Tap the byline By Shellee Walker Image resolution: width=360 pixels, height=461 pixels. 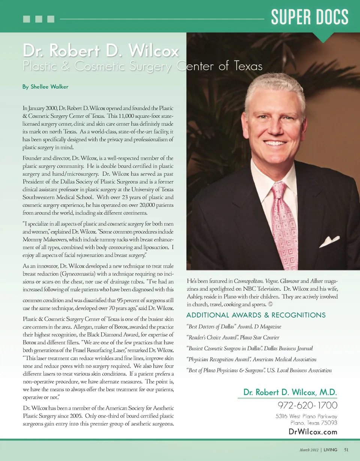click(45, 87)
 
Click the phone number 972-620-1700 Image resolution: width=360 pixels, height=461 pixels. click(307, 405)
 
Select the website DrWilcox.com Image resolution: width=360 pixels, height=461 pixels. click(313, 432)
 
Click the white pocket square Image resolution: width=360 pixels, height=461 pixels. click(329, 241)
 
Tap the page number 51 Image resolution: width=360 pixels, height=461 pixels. click(346, 450)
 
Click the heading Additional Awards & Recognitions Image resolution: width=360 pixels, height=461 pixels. click(256, 315)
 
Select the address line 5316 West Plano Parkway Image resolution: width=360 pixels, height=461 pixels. click(306, 416)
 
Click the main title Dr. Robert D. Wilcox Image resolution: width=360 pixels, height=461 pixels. click(101, 51)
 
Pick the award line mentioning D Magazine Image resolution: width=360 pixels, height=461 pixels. click(234, 327)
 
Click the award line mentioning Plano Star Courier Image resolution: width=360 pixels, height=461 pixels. click(232, 338)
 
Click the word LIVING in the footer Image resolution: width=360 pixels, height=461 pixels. click(330, 450)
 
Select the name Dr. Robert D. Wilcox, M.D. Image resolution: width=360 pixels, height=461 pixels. click(290, 392)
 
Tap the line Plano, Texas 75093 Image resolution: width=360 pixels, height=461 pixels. click(314, 423)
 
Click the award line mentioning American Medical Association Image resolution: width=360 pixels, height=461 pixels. click(251, 359)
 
